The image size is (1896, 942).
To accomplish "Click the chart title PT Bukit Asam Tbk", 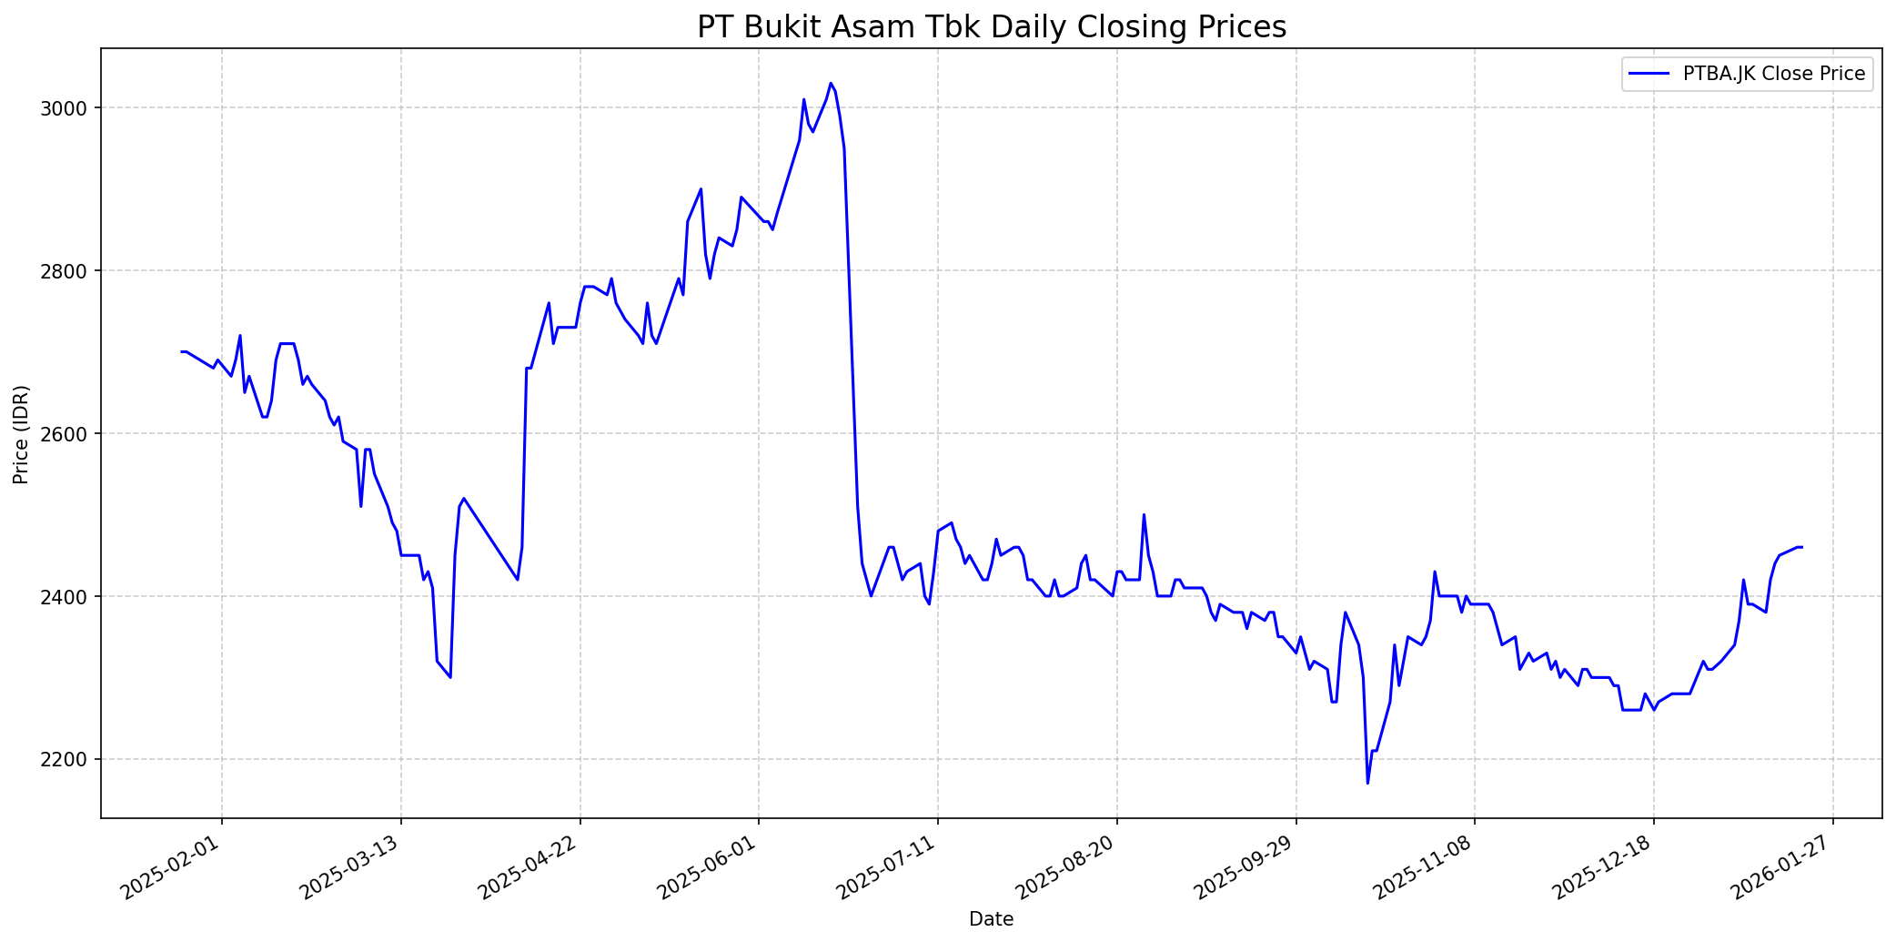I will (x=992, y=27).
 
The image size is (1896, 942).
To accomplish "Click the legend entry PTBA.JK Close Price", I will (x=1773, y=74).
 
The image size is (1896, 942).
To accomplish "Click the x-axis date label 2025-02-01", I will (x=173, y=868).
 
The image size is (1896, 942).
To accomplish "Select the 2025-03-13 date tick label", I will (x=352, y=868).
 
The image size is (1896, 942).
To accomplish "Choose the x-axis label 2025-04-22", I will (x=531, y=868).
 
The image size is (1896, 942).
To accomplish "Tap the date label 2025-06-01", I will (x=710, y=868).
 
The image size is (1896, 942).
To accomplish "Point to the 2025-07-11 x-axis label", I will (x=889, y=868).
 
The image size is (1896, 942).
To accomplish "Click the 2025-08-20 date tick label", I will (x=1068, y=868).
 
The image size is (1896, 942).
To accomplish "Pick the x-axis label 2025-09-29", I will (x=1247, y=868).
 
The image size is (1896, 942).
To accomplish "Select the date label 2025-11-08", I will (x=1426, y=868).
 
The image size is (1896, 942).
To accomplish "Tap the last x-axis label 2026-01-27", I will (x=1784, y=868).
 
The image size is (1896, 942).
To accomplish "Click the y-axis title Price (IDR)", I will (x=22, y=434).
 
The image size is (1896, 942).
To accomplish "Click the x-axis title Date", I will (x=992, y=919).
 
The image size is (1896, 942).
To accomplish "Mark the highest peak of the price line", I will (x=831, y=83).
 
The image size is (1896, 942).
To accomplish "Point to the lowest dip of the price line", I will (x=1367, y=783).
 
